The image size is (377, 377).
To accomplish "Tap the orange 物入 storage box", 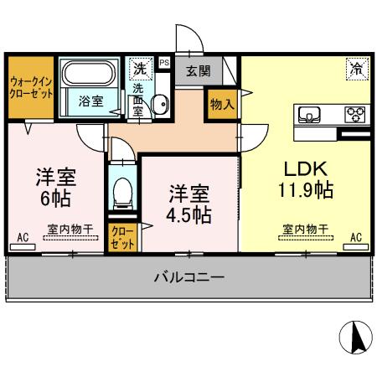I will [x=221, y=105].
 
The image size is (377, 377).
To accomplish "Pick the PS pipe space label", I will [x=163, y=61].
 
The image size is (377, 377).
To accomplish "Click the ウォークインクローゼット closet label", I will [x=31, y=88].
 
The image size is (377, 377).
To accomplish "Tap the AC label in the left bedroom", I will [x=23, y=239].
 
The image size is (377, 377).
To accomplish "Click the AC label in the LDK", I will [x=356, y=238].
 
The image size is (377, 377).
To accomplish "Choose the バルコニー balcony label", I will [x=188, y=277].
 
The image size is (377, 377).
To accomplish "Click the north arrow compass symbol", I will [x=354, y=338].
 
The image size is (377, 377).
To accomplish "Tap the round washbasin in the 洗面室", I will [x=160, y=104].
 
